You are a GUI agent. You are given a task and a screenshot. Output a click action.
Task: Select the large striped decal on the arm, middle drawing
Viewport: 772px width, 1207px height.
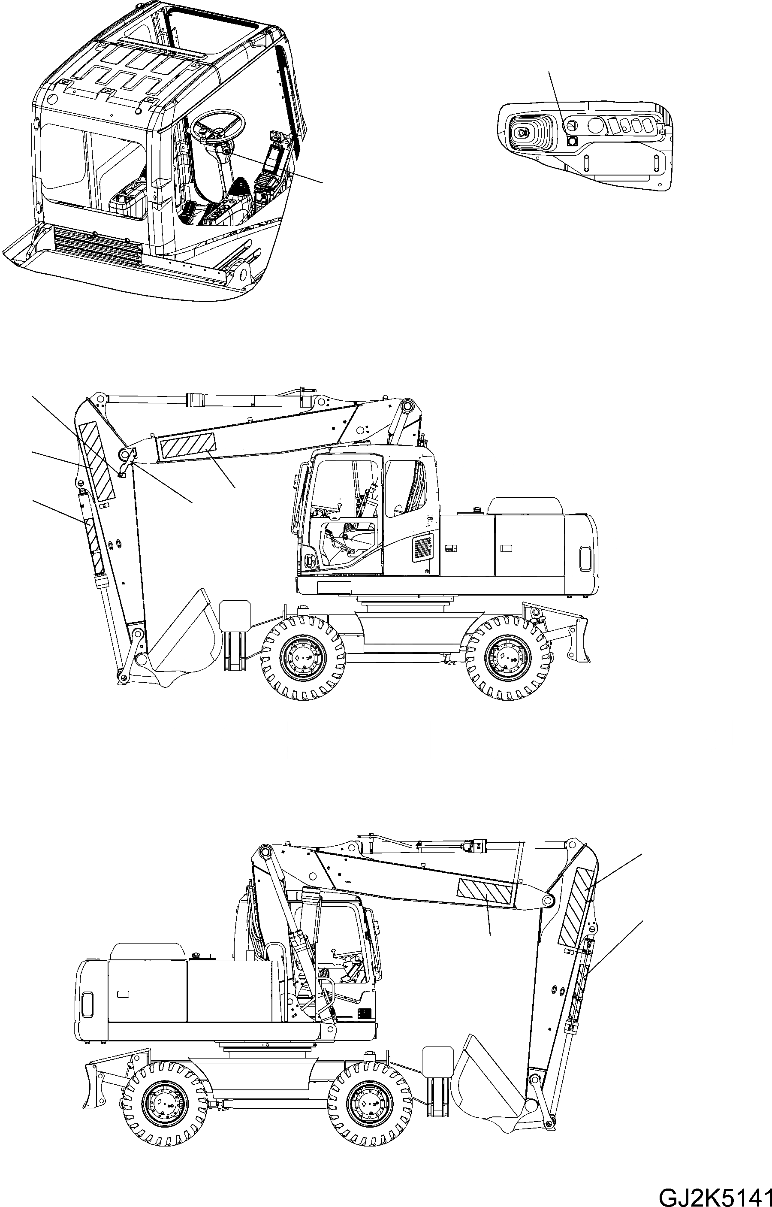click(x=96, y=461)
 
